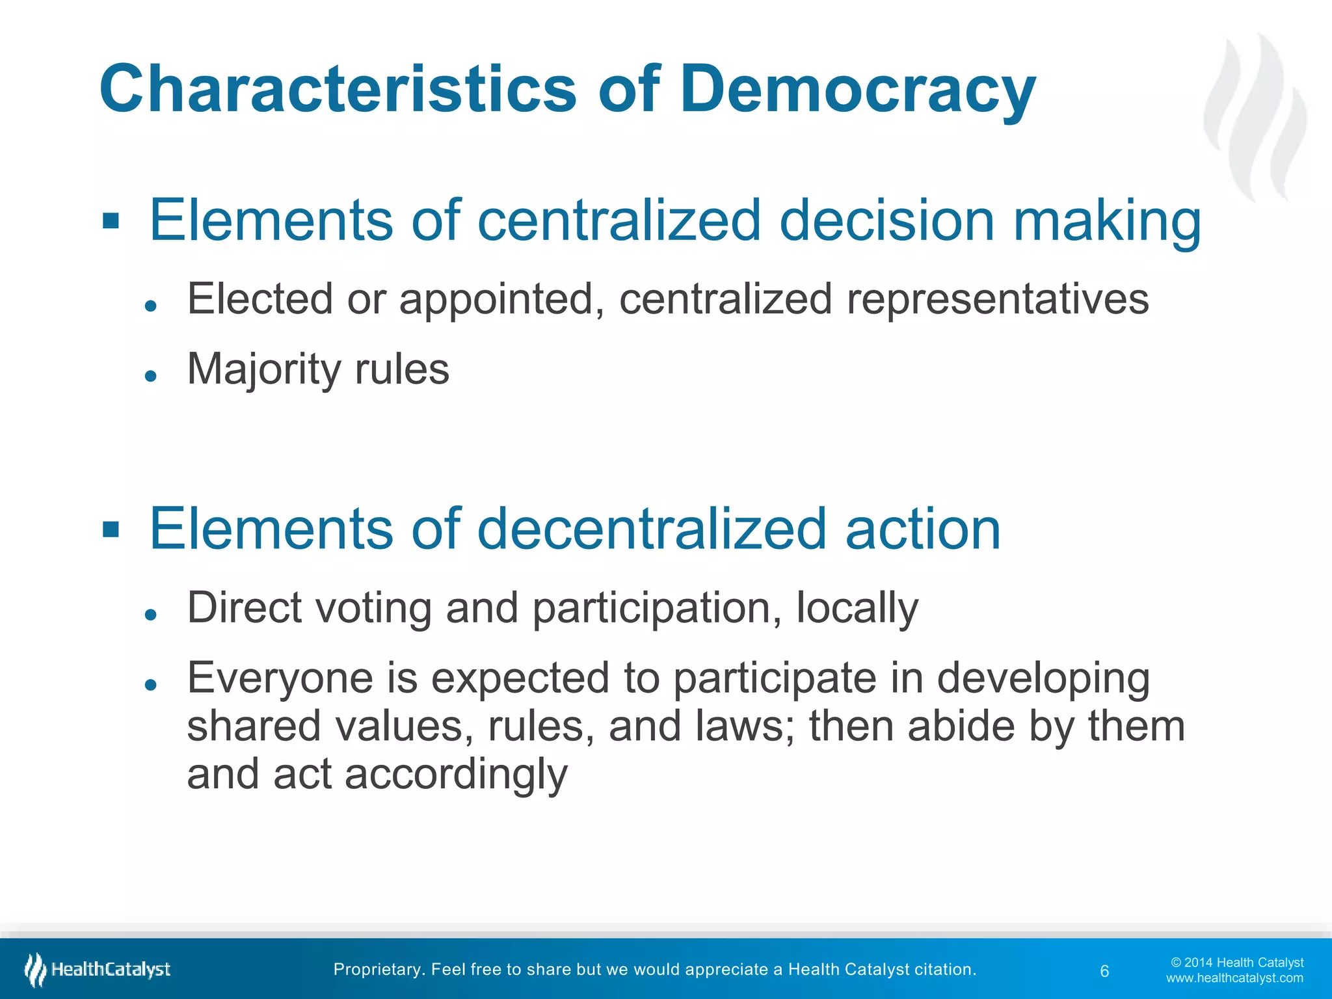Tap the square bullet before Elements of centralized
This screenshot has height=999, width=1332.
[111, 221]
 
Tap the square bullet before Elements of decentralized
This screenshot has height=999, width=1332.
[111, 529]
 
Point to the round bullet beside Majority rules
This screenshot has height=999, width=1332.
[151, 375]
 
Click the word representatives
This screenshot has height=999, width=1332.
[998, 299]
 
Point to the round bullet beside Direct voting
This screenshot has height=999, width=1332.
[151, 614]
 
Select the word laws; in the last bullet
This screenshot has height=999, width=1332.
[745, 726]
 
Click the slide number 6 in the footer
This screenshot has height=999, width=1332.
[1104, 971]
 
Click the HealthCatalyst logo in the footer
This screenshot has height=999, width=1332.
[98, 970]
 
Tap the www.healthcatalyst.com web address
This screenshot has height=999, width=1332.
[1234, 978]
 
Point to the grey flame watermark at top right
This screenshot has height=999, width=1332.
[1255, 117]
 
